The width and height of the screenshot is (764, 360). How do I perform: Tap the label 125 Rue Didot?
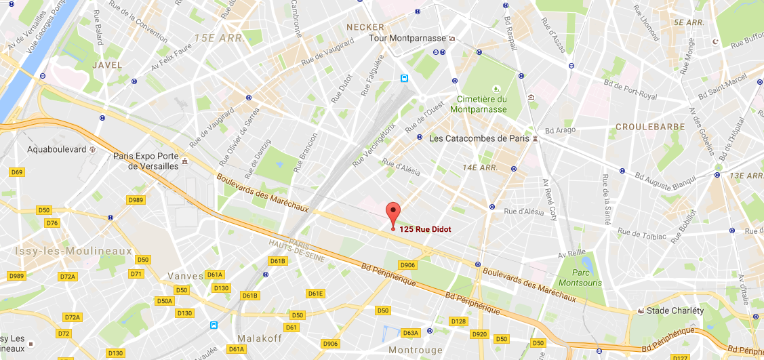(x=425, y=229)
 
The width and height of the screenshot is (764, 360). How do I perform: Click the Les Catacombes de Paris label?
(x=479, y=138)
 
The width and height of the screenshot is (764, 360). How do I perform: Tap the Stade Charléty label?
(x=675, y=311)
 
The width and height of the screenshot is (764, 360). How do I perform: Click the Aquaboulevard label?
(x=58, y=148)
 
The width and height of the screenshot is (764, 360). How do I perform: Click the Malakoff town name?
(x=260, y=338)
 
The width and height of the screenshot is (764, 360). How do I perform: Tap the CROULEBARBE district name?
(x=649, y=127)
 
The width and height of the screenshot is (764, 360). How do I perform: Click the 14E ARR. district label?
(x=481, y=167)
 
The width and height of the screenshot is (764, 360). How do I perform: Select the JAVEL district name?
(x=107, y=65)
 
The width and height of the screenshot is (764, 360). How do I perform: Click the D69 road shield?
(x=18, y=172)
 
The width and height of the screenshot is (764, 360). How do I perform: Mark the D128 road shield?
(x=459, y=321)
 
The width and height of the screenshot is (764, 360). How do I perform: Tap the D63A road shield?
(x=411, y=333)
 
